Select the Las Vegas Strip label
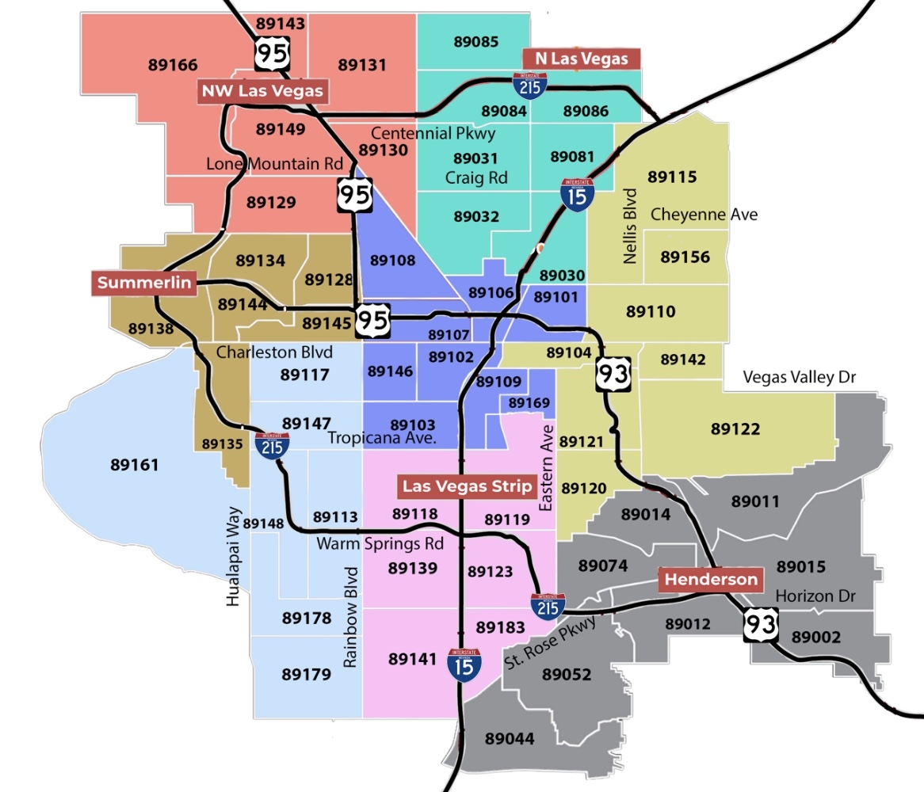point(467,486)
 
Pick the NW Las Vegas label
point(263,90)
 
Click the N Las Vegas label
point(582,58)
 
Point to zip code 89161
point(135,465)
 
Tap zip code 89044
point(510,739)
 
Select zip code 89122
point(735,429)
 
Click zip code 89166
point(173,65)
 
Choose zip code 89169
point(529,404)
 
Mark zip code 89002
point(816,638)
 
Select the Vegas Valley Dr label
point(800,378)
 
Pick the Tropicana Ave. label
point(384,439)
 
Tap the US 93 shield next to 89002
point(762,626)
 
